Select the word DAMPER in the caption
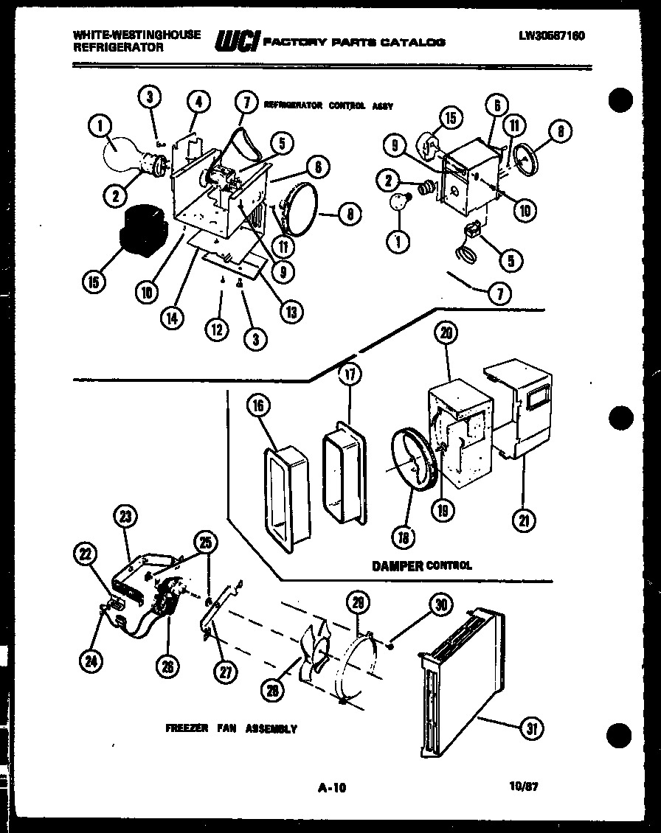(x=397, y=566)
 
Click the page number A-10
(x=331, y=787)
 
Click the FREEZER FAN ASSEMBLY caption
(x=231, y=728)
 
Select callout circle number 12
(x=217, y=330)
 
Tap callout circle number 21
(x=524, y=520)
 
